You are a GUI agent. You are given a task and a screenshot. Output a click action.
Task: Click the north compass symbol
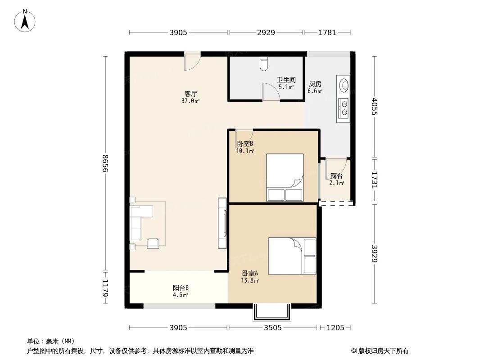tap(25, 20)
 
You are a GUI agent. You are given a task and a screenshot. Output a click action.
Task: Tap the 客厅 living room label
tap(191, 94)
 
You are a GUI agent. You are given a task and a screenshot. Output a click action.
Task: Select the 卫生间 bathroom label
tap(286, 80)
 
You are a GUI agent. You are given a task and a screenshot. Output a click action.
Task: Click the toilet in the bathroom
tap(264, 64)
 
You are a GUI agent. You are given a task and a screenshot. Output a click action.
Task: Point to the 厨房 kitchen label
tap(315, 84)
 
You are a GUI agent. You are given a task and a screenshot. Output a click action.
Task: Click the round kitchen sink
tap(344, 85)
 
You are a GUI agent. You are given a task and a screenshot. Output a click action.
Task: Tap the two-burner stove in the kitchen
tap(344, 107)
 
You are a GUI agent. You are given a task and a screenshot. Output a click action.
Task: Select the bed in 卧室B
tap(285, 177)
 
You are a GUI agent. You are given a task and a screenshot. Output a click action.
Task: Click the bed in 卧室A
tap(292, 256)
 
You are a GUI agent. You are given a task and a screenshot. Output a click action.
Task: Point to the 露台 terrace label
tap(336, 176)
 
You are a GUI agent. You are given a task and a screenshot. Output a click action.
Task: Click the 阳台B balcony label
tap(181, 288)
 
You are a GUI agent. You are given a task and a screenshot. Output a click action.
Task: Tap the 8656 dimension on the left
tap(105, 163)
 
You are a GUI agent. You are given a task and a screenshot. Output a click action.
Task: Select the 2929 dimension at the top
tap(266, 32)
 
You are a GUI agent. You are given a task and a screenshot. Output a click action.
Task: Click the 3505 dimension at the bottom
tap(272, 328)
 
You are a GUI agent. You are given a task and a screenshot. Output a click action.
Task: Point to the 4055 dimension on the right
tap(375, 107)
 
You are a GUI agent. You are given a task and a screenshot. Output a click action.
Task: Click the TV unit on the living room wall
tap(222, 223)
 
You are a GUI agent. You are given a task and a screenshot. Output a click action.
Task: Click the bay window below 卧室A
tap(272, 312)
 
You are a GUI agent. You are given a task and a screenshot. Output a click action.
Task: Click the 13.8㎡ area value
tap(250, 280)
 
